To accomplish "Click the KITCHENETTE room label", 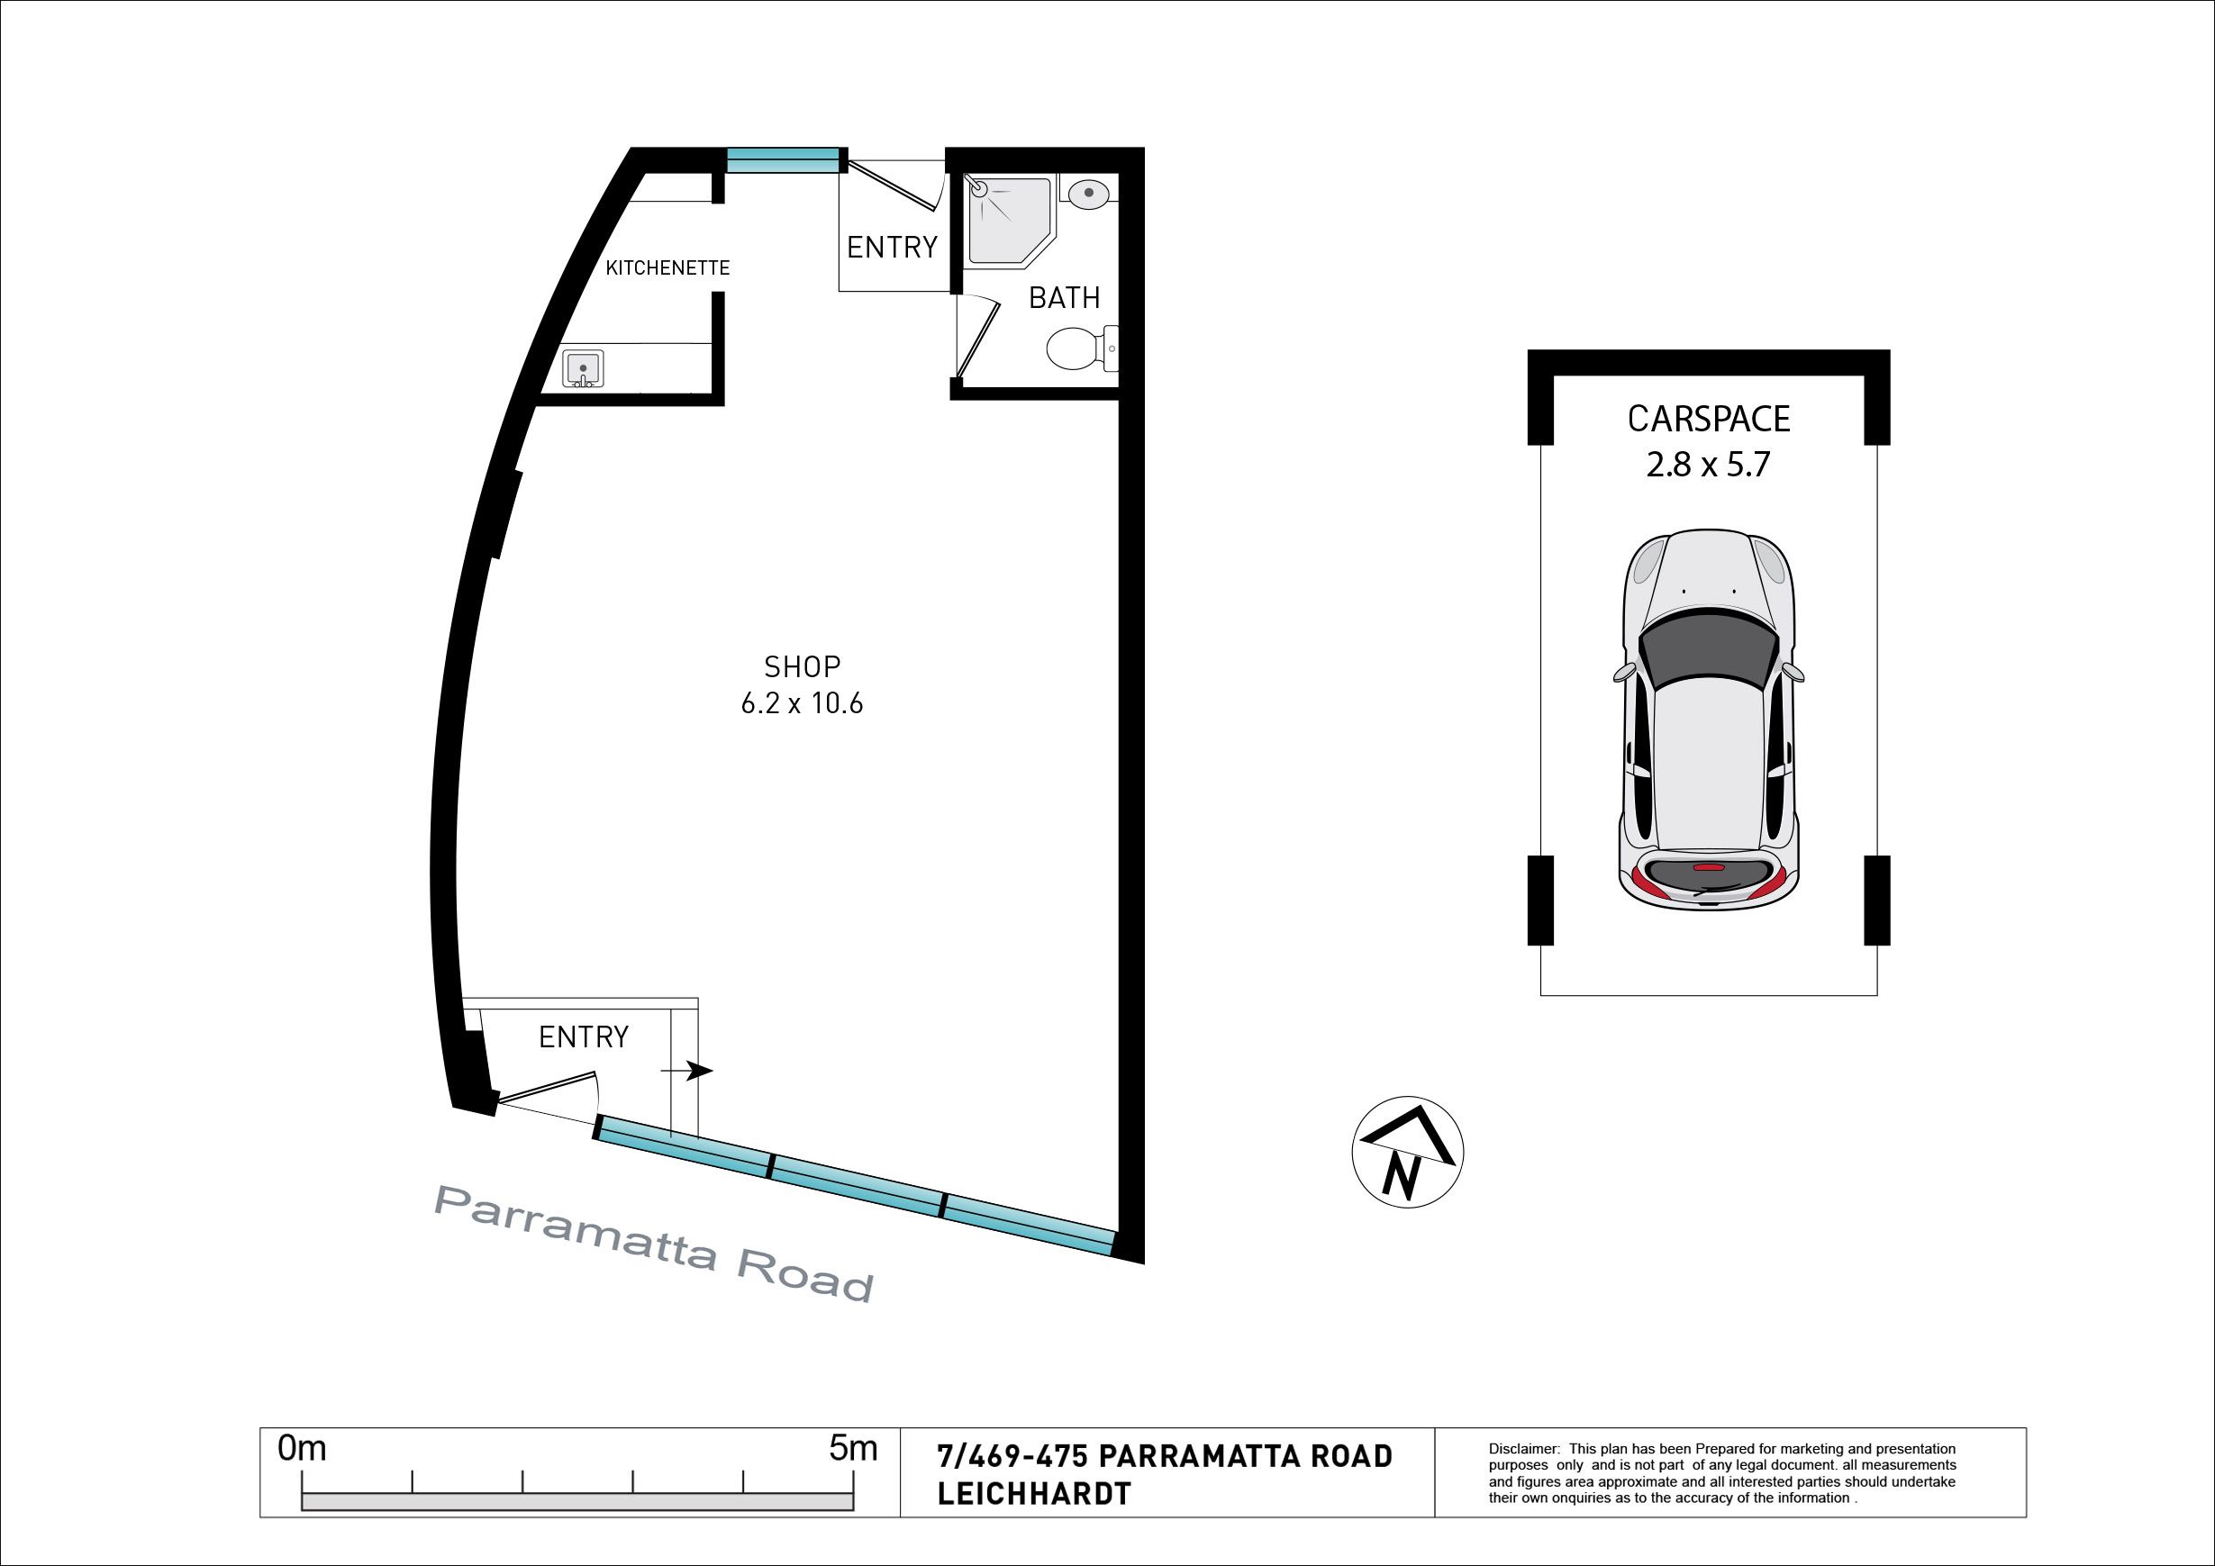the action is [x=667, y=268].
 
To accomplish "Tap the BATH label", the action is [x=1064, y=298].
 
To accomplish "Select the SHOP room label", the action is [x=802, y=666].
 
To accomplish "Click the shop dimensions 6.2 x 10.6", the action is [x=802, y=704].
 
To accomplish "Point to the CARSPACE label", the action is [x=1709, y=419].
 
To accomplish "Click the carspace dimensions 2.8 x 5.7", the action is [x=1709, y=465].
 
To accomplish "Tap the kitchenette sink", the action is [x=583, y=369].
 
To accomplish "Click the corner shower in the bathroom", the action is [x=1009, y=222].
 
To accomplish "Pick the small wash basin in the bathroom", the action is [x=1089, y=191].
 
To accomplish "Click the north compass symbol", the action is [x=1408, y=1153].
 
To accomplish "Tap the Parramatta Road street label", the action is [x=655, y=1243].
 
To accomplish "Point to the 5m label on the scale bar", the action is [x=853, y=1449].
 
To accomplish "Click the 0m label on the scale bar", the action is [x=302, y=1449].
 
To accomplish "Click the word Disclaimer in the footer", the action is [x=1523, y=1449].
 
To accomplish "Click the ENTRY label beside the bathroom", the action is [x=892, y=248].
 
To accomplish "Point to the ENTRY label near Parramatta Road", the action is [x=584, y=1036].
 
